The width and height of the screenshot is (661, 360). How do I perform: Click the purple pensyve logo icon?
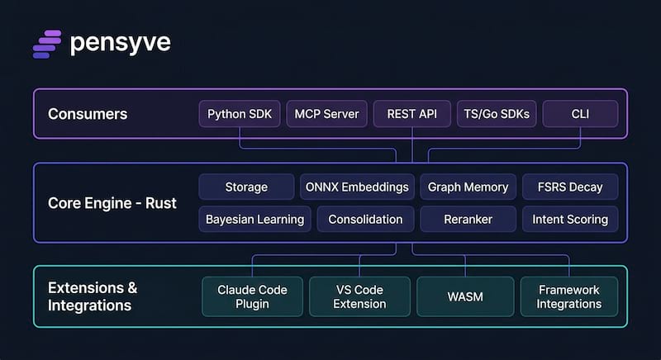click(47, 45)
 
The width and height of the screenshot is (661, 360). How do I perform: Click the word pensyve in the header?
click(121, 43)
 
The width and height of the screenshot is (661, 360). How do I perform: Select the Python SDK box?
click(240, 114)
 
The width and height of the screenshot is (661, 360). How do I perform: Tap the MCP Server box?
click(326, 114)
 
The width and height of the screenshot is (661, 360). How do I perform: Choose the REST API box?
click(411, 114)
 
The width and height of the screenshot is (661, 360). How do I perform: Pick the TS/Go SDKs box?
click(497, 114)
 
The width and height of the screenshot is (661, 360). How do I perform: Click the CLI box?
click(580, 114)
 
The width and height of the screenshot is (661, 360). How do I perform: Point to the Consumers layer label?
click(88, 114)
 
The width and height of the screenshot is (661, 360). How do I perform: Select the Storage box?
click(246, 187)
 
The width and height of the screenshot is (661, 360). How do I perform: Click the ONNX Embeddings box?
click(357, 187)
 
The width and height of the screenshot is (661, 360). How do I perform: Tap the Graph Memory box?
click(468, 187)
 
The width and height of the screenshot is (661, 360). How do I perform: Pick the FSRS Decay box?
click(570, 187)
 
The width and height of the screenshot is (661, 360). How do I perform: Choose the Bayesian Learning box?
click(254, 219)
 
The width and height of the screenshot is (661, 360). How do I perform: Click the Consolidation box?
click(365, 219)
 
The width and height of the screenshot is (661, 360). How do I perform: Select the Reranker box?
click(468, 219)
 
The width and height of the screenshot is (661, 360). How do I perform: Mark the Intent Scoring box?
click(570, 219)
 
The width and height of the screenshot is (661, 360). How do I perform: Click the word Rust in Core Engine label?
click(161, 203)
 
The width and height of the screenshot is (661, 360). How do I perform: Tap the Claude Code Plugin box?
click(252, 296)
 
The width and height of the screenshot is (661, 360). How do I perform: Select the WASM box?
click(465, 296)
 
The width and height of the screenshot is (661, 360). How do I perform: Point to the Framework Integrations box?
click(569, 296)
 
